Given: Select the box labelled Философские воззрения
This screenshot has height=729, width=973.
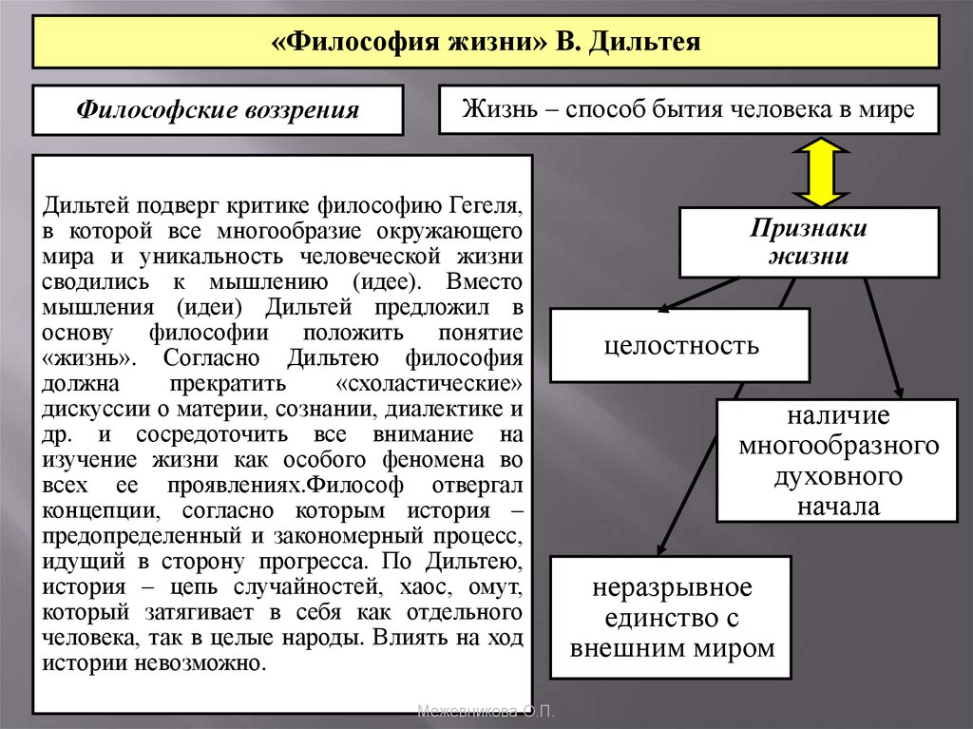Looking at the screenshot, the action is (218, 109).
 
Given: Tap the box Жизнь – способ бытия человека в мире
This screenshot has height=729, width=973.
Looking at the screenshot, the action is (688, 109).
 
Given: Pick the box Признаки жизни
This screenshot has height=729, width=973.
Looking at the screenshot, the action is (809, 242).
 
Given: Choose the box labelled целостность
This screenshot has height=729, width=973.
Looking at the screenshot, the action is (680, 344).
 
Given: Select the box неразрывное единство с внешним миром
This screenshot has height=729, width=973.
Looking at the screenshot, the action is (672, 618).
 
